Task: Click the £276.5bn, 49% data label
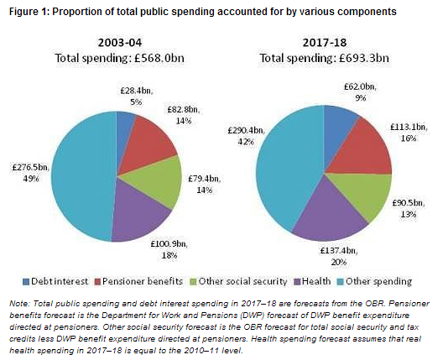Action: pyautogui.click(x=31, y=173)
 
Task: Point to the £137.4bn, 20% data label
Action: pyautogui.click(x=339, y=256)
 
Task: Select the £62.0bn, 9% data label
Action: pyautogui.click(x=360, y=92)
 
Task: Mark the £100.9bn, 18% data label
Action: pyautogui.click(x=169, y=249)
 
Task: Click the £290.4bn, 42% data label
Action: pyautogui.click(x=247, y=136)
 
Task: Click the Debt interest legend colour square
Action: pyautogui.click(x=26, y=282)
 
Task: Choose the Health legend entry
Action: pyautogui.click(x=313, y=281)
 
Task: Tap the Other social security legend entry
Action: pyautogui.click(x=239, y=281)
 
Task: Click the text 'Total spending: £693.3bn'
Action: pyautogui.click(x=325, y=58)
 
